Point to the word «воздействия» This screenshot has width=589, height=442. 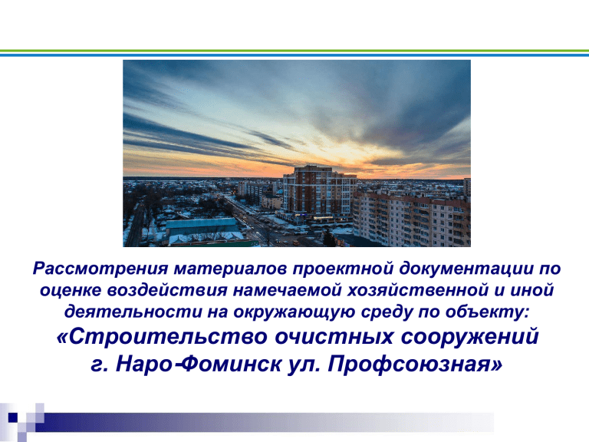pyautogui.click(x=167, y=291)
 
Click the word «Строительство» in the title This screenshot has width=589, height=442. pyautogui.click(x=163, y=337)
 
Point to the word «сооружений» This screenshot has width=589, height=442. pyautogui.click(x=470, y=337)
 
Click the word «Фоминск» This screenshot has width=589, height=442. pyautogui.click(x=234, y=364)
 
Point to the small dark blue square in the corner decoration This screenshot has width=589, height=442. pyautogui.click(x=13, y=417)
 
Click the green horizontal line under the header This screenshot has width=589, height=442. pyautogui.click(x=294, y=51)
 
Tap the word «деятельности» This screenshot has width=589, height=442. pyautogui.click(x=133, y=313)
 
